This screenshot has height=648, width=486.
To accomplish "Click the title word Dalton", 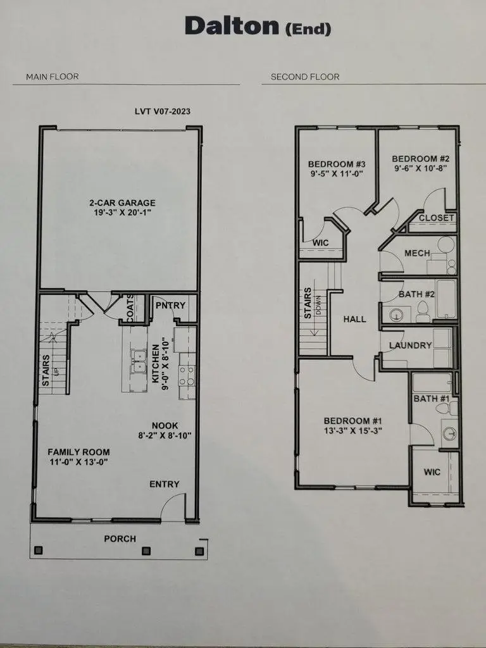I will tap(231, 27).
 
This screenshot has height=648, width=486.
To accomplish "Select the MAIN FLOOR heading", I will tap(53, 77).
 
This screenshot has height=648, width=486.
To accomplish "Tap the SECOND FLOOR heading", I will tap(305, 77).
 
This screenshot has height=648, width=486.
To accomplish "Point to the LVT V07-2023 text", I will tap(163, 111).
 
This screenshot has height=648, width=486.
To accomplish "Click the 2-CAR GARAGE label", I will tap(122, 203).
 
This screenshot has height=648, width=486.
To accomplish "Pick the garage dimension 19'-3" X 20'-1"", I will tap(122, 213).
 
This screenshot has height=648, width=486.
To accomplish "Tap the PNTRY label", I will tap(170, 306).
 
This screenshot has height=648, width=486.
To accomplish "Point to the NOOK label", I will tap(164, 426).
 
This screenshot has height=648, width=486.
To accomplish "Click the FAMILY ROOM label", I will tap(79, 452).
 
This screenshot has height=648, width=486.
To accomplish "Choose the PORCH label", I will tap(120, 539).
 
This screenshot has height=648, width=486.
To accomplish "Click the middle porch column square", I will tap(146, 551).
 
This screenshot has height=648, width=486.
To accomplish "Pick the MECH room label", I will tap(417, 253).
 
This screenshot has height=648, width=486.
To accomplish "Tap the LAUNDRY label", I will tap(410, 346).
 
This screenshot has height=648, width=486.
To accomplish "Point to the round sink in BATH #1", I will tap(449, 433).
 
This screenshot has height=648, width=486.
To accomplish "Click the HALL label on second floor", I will tap(354, 319).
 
